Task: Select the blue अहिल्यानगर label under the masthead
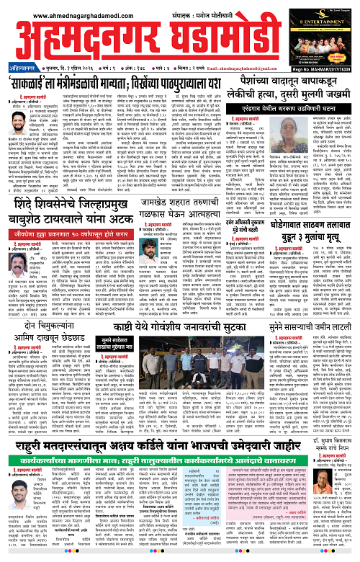point(17,61)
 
